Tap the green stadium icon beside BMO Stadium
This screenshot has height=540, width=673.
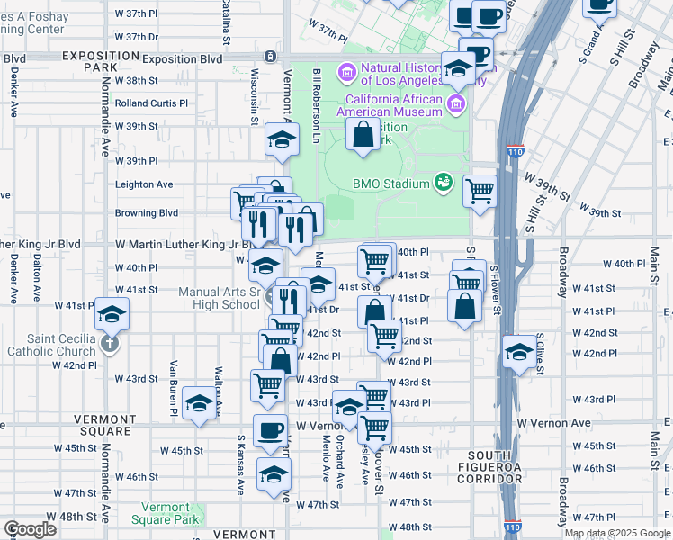coord(443,183)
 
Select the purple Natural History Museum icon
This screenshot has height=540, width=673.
coord(347,71)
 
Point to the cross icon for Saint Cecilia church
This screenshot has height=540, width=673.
coord(109,342)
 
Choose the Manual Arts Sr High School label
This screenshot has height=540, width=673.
coord(219,297)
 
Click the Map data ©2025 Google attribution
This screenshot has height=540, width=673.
coord(617,533)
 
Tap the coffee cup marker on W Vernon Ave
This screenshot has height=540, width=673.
coord(271,430)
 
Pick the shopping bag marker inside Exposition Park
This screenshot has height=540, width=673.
coord(363,135)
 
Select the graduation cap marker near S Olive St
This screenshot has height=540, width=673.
coord(519,352)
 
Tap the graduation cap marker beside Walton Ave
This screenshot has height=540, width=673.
coord(199,403)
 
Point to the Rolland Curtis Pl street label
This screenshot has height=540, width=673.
coord(150,103)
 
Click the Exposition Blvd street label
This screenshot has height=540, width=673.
coord(182,58)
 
